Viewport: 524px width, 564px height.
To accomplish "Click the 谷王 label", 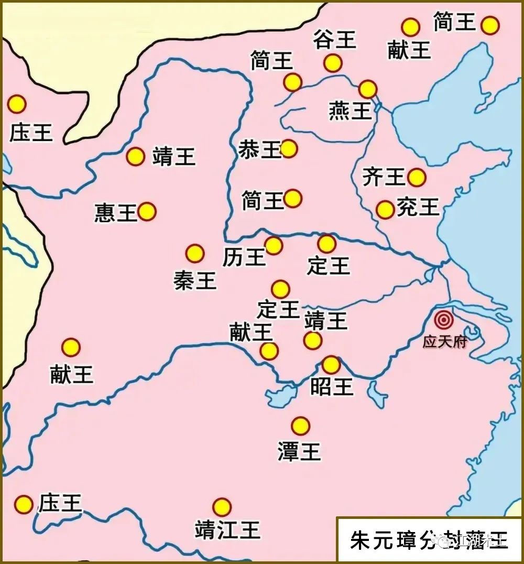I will (335, 39).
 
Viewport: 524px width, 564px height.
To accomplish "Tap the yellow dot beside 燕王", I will (368, 89).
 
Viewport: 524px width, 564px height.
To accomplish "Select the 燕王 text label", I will (350, 111).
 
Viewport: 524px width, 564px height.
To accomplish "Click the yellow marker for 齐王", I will (417, 178).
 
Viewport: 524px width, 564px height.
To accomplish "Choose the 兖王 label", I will (418, 207).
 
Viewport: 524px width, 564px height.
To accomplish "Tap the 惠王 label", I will (116, 212).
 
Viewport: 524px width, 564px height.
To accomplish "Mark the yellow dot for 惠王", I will (147, 212).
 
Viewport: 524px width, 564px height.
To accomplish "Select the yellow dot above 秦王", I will (195, 254).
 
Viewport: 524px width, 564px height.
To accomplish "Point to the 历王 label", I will (244, 257).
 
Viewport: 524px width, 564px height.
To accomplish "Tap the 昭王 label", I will (332, 387).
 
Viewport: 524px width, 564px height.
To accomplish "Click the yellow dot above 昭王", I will (331, 365).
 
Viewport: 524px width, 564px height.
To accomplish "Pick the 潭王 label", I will (299, 451).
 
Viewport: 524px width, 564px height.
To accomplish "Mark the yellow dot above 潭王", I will (300, 426).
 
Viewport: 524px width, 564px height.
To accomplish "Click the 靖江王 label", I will (227, 530).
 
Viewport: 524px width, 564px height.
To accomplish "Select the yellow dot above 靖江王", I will (222, 507).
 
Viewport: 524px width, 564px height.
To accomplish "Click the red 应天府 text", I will (444, 342).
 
